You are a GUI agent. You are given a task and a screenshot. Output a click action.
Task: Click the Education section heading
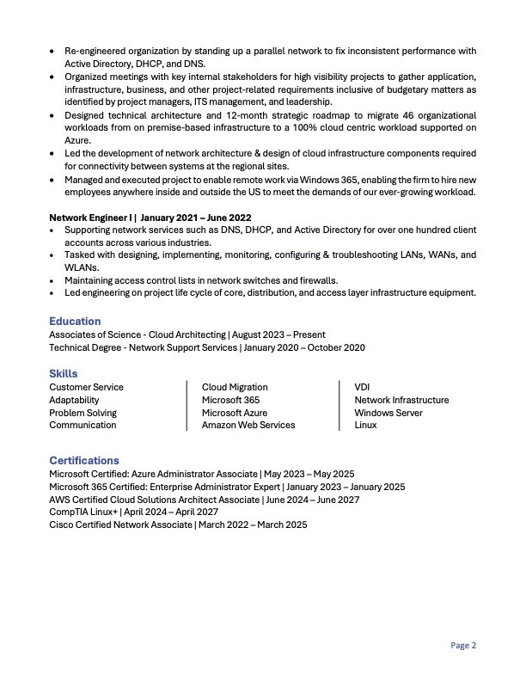(75, 322)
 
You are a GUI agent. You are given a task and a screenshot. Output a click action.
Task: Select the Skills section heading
(64, 374)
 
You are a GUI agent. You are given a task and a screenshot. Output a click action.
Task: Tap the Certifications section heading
(84, 461)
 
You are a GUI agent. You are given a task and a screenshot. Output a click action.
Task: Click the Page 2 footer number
(463, 646)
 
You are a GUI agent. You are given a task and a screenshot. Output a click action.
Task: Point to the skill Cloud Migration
(235, 387)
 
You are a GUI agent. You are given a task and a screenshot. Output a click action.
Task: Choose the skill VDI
(362, 387)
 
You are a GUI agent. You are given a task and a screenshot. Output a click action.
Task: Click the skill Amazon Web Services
(248, 425)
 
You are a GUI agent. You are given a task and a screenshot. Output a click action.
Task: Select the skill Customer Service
(86, 387)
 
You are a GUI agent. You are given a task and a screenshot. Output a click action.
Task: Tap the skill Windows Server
(388, 413)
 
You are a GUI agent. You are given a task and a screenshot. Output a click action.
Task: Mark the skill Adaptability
(74, 400)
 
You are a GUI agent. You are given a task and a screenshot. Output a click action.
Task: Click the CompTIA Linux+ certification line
(133, 512)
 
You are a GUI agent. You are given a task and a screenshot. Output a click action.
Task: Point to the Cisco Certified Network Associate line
(178, 525)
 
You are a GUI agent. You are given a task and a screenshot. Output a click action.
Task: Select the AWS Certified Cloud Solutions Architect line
(204, 500)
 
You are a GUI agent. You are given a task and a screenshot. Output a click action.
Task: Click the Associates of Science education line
(187, 334)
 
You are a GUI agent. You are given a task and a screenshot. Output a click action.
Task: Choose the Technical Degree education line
(207, 347)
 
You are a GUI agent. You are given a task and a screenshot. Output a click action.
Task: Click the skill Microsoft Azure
(235, 413)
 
